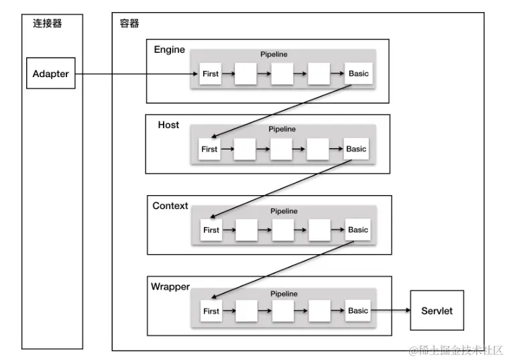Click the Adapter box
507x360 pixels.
(x=51, y=74)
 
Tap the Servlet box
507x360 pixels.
(x=437, y=311)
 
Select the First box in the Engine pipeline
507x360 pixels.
(x=211, y=74)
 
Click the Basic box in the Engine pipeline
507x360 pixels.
(x=358, y=74)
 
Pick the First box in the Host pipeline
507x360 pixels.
(x=209, y=149)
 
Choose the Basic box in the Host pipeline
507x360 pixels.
(x=356, y=149)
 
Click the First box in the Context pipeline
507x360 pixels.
(x=211, y=230)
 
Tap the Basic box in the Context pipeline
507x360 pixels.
(x=358, y=230)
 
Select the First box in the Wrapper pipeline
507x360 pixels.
(x=211, y=311)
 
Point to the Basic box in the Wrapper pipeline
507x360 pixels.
(x=358, y=310)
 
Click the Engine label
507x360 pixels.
(x=170, y=50)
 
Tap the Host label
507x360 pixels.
(x=168, y=125)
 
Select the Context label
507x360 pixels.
(x=170, y=206)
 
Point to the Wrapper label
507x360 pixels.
(x=170, y=287)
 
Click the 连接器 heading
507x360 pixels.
(x=48, y=24)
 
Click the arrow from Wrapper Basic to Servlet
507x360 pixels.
(x=391, y=311)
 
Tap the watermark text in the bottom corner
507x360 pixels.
(x=455, y=350)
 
